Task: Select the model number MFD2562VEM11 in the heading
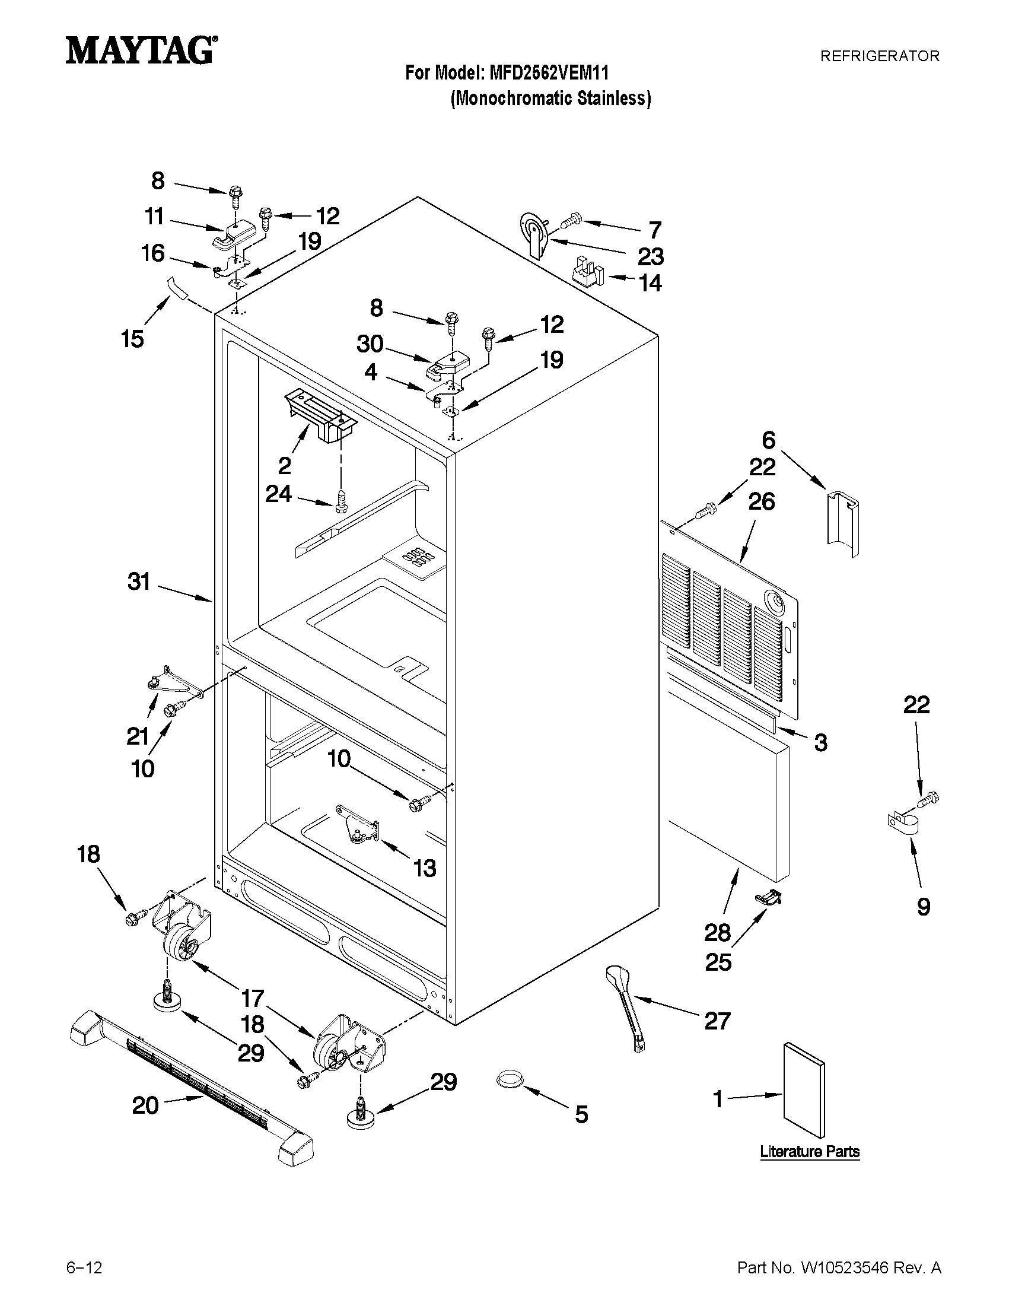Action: (x=549, y=73)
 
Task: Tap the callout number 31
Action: (x=139, y=581)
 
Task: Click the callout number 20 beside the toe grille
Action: (x=145, y=1105)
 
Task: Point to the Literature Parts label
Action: (x=809, y=1151)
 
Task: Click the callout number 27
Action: (x=717, y=1021)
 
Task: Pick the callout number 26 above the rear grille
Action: (x=762, y=501)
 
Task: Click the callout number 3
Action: (x=821, y=743)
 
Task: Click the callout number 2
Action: (x=285, y=465)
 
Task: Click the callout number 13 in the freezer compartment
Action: (x=425, y=868)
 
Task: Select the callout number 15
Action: (x=133, y=338)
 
